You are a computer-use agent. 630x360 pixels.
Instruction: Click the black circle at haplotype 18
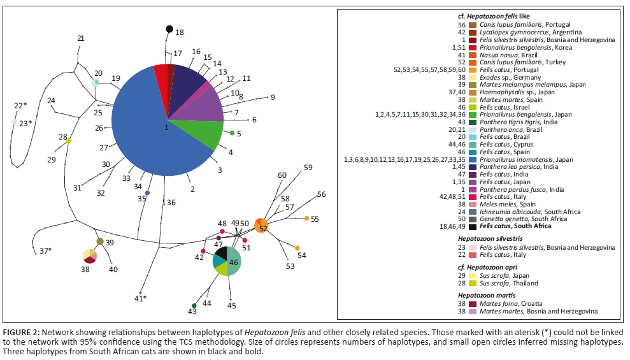[169, 29]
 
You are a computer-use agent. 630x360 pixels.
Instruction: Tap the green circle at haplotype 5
[232, 133]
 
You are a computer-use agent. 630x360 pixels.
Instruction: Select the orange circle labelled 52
[261, 226]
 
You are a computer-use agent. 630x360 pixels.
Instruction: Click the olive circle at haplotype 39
[100, 241]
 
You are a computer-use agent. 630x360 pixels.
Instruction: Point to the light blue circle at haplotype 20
[95, 82]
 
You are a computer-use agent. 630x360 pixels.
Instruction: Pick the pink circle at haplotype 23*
[14, 123]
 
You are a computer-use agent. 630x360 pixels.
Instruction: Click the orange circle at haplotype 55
[307, 219]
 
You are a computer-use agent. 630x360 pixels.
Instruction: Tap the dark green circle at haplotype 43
[194, 306]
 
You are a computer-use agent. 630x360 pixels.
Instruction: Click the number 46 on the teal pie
[234, 262]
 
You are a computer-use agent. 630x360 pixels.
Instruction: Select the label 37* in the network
[45, 250]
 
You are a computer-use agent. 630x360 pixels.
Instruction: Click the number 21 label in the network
[80, 39]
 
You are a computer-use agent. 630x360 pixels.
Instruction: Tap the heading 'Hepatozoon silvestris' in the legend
[485, 237]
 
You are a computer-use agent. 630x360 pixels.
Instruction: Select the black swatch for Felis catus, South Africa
[473, 226]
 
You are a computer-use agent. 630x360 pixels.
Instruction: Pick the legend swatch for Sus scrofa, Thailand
[473, 283]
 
